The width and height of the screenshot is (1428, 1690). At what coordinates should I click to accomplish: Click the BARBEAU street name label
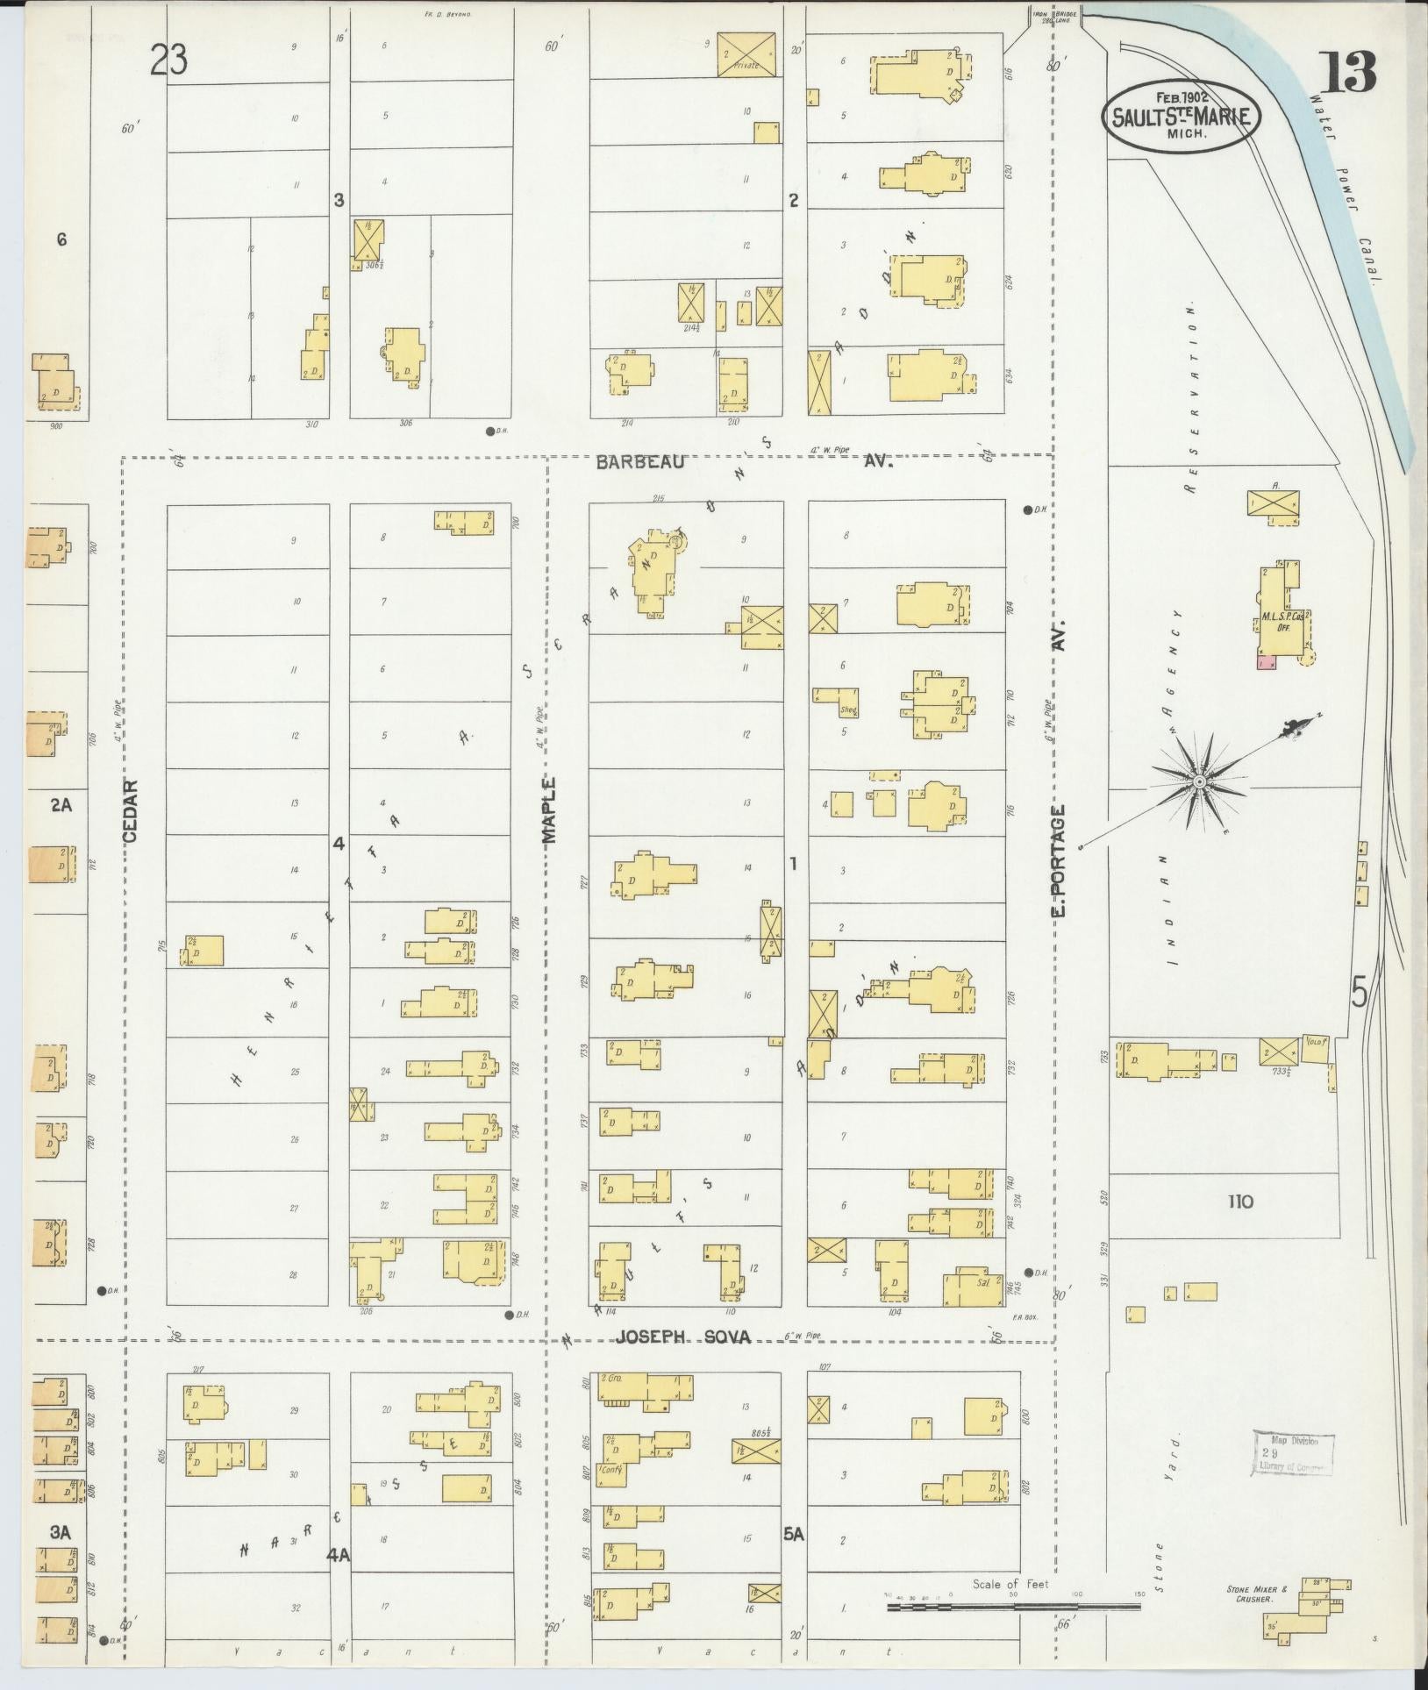639,462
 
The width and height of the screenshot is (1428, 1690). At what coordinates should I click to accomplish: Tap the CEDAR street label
131,811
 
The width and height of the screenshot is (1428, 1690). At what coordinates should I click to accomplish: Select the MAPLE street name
550,811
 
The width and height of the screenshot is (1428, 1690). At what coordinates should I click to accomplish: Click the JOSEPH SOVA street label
683,1362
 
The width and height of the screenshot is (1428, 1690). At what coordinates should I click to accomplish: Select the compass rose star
1198,781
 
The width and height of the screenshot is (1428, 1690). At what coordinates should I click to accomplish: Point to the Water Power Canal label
1342,184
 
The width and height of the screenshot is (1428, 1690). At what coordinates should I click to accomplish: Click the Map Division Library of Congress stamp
1291,1453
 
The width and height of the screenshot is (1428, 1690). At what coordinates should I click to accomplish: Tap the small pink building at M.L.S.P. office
1266,663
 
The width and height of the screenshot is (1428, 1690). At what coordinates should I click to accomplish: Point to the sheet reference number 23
169,60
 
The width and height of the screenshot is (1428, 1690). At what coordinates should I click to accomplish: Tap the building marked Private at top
746,54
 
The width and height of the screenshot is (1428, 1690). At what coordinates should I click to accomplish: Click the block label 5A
794,1535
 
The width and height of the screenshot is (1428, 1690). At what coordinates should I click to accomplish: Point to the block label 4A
339,1555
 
